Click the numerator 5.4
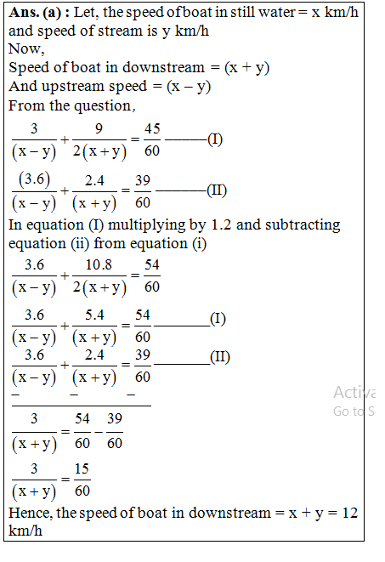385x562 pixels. (94, 315)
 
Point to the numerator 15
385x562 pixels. (82, 469)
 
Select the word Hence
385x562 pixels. (28, 514)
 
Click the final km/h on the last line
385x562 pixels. (25, 531)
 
